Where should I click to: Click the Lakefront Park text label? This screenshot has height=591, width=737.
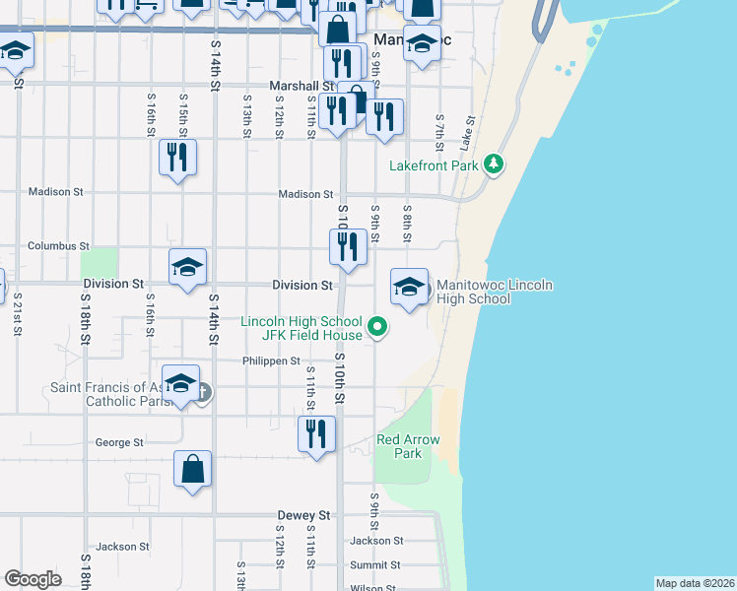[434, 165]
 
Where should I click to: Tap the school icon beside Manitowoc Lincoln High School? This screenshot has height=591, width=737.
[409, 287]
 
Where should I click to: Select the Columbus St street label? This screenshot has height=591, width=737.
[58, 245]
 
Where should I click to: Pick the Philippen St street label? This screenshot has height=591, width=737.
[271, 361]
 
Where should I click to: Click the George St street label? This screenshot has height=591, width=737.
[119, 443]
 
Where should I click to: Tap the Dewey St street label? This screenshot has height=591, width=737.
[302, 515]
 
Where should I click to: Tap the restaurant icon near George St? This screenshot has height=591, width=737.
[316, 434]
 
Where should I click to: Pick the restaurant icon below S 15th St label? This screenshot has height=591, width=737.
[177, 158]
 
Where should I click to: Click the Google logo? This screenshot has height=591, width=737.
[33, 579]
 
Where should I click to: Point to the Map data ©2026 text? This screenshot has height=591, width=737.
[695, 583]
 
